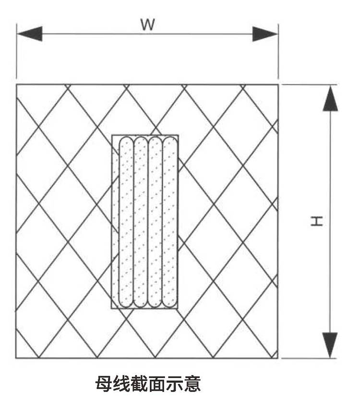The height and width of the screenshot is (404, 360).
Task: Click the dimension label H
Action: click(x=316, y=221)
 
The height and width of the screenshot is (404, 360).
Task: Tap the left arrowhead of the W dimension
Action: click(x=29, y=34)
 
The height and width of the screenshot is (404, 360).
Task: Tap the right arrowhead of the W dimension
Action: click(x=265, y=34)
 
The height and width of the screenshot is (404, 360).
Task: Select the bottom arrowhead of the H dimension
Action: click(x=330, y=345)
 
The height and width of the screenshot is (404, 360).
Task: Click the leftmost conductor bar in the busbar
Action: click(x=126, y=222)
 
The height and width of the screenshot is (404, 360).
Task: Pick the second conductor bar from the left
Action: click(x=140, y=222)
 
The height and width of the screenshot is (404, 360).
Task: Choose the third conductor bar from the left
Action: click(x=155, y=222)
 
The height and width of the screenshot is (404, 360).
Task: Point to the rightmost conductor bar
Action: click(x=169, y=222)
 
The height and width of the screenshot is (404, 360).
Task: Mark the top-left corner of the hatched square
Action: click(x=16, y=84)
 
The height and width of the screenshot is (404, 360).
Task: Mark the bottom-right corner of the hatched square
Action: click(x=278, y=358)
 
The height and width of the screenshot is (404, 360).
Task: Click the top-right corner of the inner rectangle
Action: click(x=179, y=135)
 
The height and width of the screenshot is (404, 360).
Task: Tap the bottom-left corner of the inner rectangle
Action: click(x=112, y=308)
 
